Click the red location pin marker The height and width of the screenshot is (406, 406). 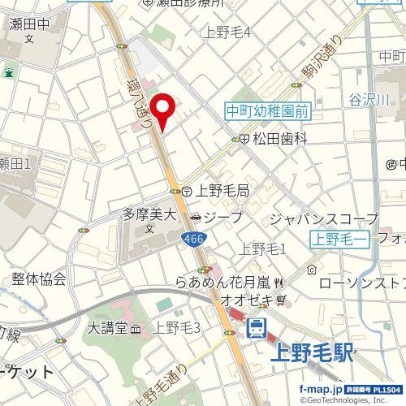click(163, 110)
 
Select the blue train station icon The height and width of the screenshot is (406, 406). click(257, 328)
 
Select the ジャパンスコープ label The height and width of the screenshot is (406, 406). click(323, 218)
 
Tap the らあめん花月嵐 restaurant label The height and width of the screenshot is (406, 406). click(223, 283)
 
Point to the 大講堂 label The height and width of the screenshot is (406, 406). click(109, 328)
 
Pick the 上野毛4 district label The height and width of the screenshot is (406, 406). click(227, 32)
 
